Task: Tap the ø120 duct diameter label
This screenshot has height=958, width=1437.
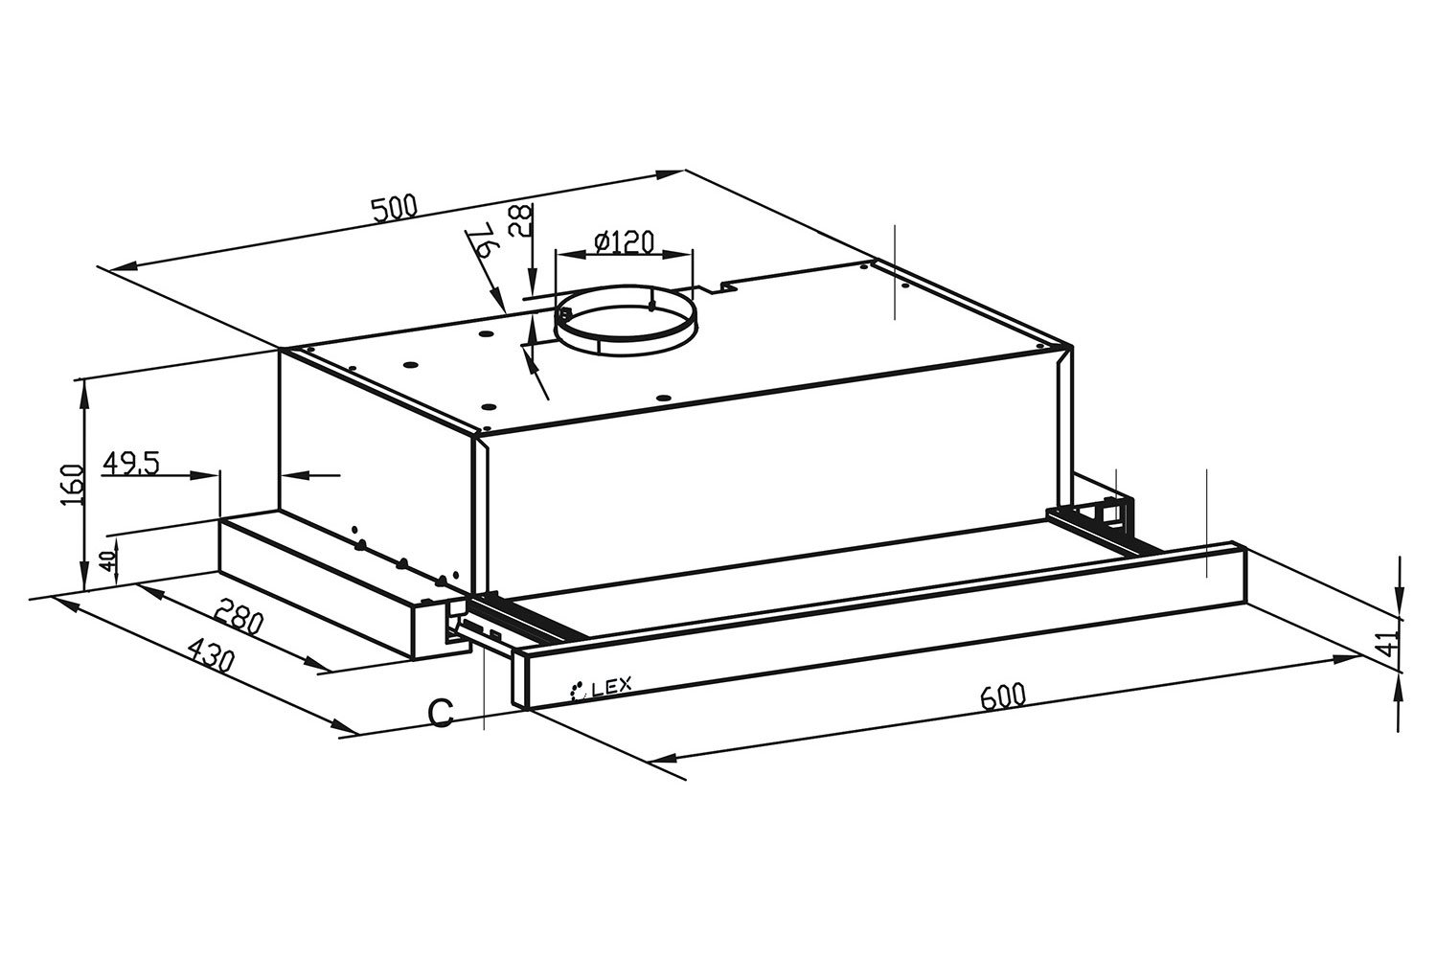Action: (624, 242)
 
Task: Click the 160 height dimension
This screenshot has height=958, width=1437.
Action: (75, 485)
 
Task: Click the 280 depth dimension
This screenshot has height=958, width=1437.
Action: (239, 616)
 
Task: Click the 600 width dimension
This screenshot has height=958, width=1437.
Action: (1003, 696)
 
